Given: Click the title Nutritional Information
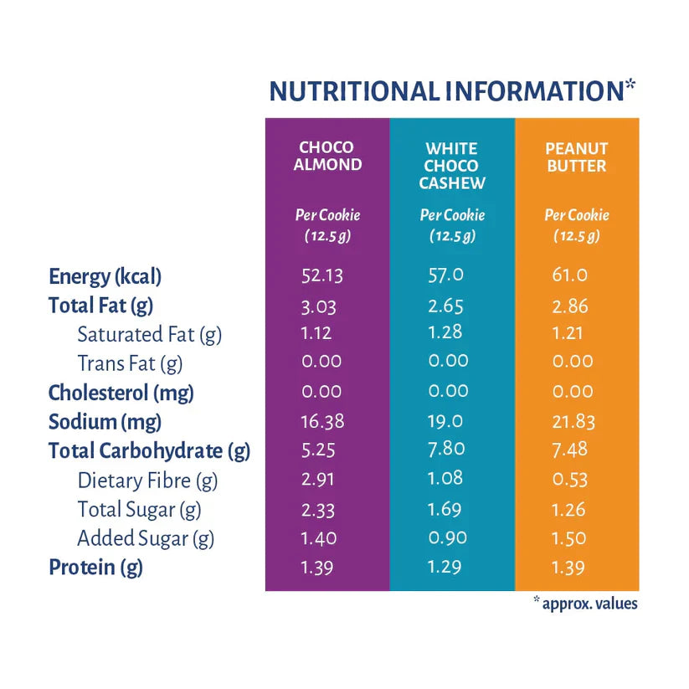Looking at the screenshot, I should tap(451, 91).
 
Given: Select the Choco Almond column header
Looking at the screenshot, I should tap(327, 157).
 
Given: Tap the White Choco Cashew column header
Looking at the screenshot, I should tap(452, 165).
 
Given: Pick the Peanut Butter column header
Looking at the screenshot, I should tap(576, 157).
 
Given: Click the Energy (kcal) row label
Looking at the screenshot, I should tap(105, 276).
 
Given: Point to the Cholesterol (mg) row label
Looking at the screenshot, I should tap(121, 392).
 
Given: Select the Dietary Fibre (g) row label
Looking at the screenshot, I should tap(147, 481).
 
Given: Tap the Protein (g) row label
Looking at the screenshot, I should tap(95, 568).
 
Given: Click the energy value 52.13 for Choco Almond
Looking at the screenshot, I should tap(322, 275).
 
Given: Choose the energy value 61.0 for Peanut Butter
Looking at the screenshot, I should tap(570, 275).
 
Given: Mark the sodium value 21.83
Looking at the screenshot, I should tap(573, 421).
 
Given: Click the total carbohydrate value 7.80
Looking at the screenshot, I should tap(446, 450).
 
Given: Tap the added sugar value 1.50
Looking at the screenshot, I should tap(571, 538).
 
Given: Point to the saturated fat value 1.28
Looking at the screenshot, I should tap(445, 333).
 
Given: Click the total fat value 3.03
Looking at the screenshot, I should tap(319, 306).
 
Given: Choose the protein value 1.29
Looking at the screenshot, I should tap(445, 568).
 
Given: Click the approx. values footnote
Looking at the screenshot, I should tap(586, 603).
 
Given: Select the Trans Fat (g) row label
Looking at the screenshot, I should tap(130, 363).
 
